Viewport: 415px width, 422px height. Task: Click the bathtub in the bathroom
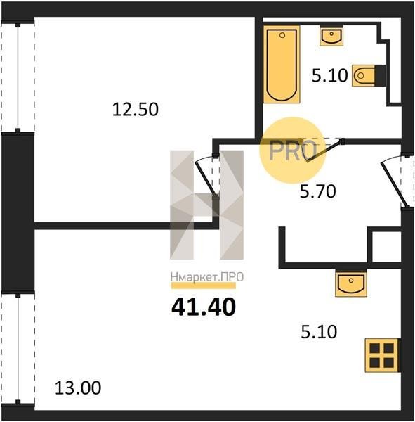(282, 64)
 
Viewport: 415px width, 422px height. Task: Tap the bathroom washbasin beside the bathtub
(331, 36)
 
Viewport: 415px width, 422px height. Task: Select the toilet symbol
(369, 76)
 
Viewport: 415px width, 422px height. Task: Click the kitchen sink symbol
(351, 284)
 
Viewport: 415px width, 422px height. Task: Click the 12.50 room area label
(136, 110)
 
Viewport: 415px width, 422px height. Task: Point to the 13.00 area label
(78, 388)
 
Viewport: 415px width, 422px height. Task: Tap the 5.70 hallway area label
(318, 192)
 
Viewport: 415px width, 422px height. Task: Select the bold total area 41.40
(204, 307)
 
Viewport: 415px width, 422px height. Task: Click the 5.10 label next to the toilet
(330, 75)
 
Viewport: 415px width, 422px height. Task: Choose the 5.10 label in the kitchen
(319, 332)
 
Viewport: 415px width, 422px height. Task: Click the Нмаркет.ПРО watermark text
(207, 277)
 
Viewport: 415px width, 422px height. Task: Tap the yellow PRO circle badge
(292, 151)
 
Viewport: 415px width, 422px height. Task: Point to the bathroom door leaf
(324, 151)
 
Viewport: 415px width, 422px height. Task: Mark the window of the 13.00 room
(18, 349)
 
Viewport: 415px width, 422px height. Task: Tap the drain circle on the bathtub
(282, 35)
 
